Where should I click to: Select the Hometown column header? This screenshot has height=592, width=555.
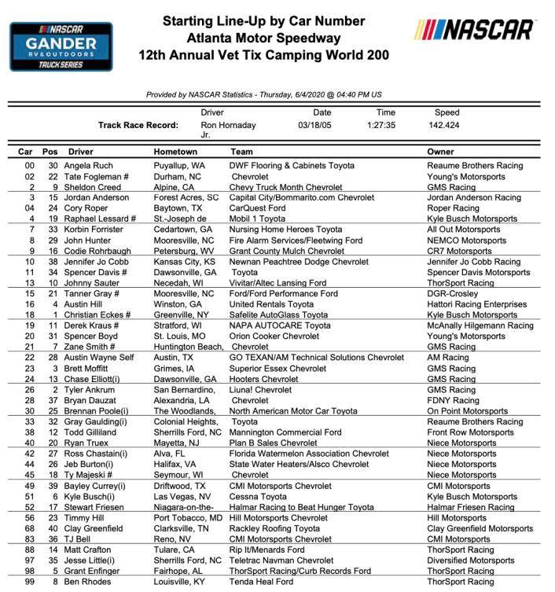[175, 152]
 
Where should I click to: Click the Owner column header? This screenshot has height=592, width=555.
[440, 152]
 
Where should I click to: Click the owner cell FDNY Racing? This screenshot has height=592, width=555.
[453, 400]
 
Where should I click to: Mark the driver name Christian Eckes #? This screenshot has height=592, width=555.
[102, 314]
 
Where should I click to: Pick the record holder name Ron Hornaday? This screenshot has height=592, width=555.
[228, 125]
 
